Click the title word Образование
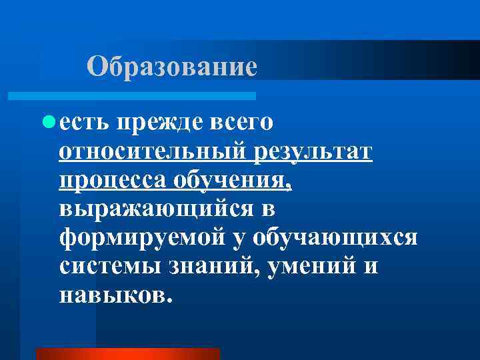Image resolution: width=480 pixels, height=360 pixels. tap(172, 66)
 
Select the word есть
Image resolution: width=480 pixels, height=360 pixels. tap(84, 123)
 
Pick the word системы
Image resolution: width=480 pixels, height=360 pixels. tap(104, 267)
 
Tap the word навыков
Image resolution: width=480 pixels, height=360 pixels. tap(116, 295)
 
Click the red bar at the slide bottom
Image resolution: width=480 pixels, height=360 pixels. tap(127, 353)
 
